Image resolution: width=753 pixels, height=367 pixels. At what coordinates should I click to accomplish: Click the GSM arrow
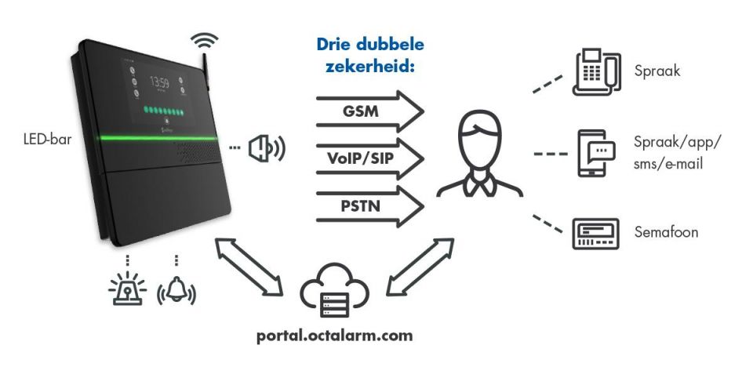(369, 111)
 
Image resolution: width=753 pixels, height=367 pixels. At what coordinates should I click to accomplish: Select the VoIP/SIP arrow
(369, 158)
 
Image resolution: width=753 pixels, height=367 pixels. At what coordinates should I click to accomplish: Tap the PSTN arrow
(369, 206)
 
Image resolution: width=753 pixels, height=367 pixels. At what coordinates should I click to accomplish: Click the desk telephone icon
(597, 71)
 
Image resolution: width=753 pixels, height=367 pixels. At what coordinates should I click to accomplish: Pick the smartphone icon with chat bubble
(596, 154)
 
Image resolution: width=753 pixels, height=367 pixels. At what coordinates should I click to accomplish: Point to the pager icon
(596, 234)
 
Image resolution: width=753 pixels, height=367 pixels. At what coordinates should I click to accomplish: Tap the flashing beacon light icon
(127, 289)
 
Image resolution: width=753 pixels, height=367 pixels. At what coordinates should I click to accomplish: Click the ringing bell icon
(176, 289)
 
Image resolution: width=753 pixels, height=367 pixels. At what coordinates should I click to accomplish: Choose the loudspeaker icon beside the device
(267, 147)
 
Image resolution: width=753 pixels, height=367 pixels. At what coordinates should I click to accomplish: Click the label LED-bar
(47, 140)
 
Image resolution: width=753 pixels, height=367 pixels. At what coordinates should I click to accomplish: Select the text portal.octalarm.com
(335, 336)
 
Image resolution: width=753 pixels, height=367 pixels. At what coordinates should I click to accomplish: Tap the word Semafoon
(666, 232)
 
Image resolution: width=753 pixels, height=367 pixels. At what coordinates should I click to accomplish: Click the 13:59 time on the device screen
(159, 82)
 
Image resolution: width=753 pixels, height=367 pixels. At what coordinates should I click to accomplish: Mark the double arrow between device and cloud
(249, 266)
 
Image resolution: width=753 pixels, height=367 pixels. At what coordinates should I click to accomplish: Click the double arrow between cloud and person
(420, 266)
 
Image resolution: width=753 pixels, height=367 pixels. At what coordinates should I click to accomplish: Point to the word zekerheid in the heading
(369, 65)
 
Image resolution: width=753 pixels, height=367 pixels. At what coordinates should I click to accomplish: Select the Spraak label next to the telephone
(657, 71)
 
